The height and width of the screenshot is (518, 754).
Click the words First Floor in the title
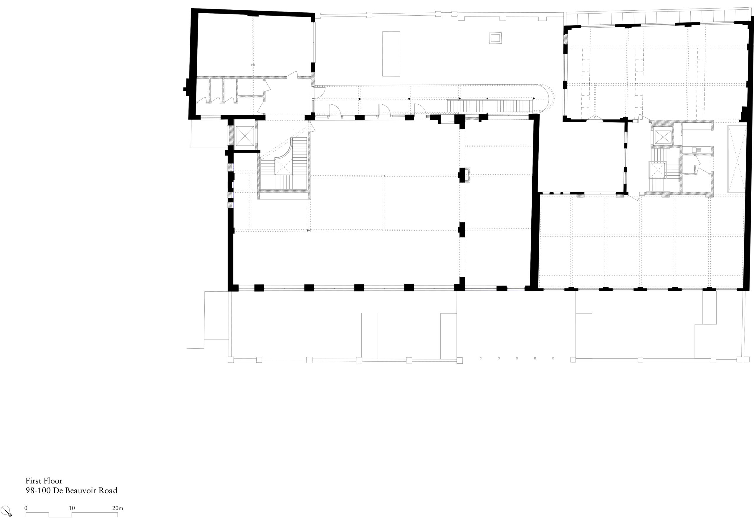pyautogui.click(x=44, y=481)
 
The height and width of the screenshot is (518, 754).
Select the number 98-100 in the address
pyautogui.click(x=38, y=490)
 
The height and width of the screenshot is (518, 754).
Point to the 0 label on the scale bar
pyautogui.click(x=26, y=508)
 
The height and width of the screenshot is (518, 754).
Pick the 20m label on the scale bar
pyautogui.click(x=118, y=508)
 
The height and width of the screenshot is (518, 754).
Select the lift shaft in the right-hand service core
pyautogui.click(x=662, y=137)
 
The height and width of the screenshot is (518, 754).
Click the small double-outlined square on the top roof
pyautogui.click(x=495, y=38)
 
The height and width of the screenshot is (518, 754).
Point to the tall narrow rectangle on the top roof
pyautogui.click(x=391, y=54)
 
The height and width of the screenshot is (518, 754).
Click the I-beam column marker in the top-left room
pyautogui.click(x=253, y=65)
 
